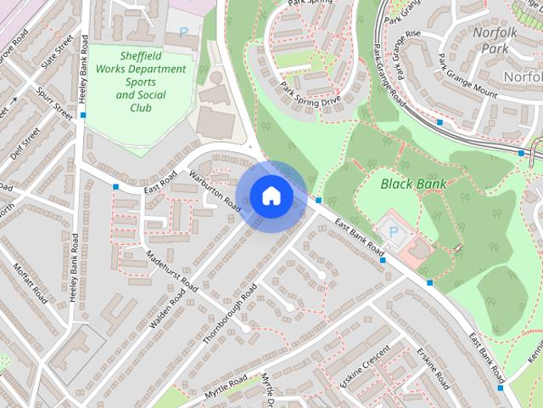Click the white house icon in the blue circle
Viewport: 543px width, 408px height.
coord(271,196)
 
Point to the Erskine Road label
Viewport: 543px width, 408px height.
coord(433,370)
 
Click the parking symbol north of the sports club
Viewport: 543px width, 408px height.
coord(184,32)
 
